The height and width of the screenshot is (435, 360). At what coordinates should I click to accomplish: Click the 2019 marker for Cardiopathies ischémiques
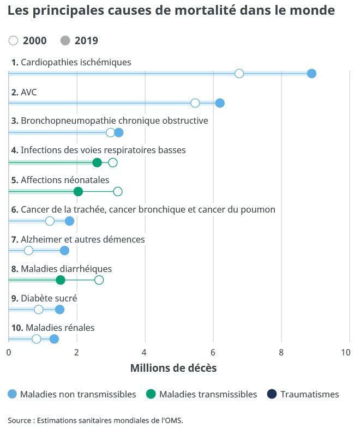311,74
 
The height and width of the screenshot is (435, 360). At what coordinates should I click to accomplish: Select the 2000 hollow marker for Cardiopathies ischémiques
239,74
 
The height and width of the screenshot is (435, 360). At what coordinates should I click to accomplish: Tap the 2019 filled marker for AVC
220,103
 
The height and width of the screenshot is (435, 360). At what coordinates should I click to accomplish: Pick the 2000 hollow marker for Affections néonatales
118,191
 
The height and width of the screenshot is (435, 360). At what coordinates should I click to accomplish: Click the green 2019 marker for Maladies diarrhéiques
61,280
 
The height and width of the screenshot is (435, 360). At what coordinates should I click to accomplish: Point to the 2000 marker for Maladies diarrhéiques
99,280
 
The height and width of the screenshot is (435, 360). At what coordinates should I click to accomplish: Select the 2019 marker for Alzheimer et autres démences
64,250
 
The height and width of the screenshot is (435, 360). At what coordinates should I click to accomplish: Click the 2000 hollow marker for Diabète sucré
39,309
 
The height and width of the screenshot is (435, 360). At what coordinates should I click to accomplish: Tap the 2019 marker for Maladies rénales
54,339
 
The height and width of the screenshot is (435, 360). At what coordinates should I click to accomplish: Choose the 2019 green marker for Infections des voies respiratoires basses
97,162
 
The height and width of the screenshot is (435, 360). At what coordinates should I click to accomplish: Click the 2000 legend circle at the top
14,40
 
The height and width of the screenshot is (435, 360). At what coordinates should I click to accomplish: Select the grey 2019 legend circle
65,40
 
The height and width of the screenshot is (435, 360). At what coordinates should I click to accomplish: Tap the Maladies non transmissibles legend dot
13,394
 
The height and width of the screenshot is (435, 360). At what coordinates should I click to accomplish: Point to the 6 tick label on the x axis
213,352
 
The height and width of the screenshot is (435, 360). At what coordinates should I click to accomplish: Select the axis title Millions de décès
173,368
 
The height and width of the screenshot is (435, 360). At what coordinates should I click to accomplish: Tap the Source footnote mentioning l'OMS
95,420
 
